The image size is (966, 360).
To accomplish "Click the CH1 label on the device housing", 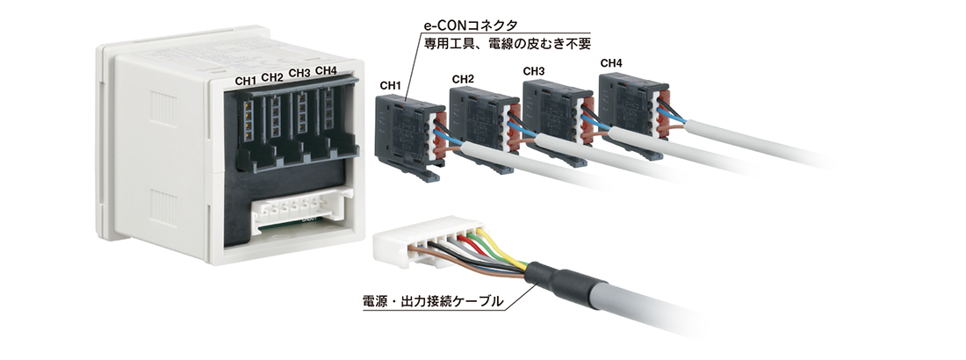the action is click(x=246, y=81).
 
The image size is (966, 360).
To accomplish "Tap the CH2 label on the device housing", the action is click(x=272, y=77).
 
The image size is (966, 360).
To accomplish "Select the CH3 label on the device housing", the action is click(x=299, y=74).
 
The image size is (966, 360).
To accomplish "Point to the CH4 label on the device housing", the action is click(x=326, y=70).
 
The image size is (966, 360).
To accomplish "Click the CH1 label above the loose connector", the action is click(x=390, y=86).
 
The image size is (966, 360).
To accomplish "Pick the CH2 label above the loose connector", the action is click(x=463, y=80).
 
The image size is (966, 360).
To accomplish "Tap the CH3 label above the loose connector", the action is click(x=534, y=71).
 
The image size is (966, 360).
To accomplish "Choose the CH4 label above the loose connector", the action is click(x=611, y=63).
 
